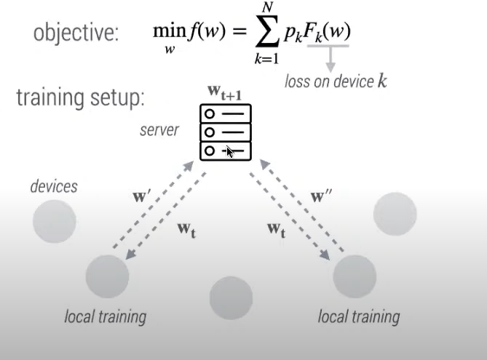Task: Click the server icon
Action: click(225, 132)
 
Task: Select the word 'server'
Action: click(159, 131)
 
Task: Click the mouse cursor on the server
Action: click(229, 151)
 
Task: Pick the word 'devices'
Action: click(54, 186)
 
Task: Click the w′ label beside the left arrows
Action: click(142, 196)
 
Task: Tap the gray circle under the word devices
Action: click(55, 221)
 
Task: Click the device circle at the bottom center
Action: click(231, 298)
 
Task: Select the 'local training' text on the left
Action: click(106, 317)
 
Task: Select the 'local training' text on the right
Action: click(359, 317)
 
